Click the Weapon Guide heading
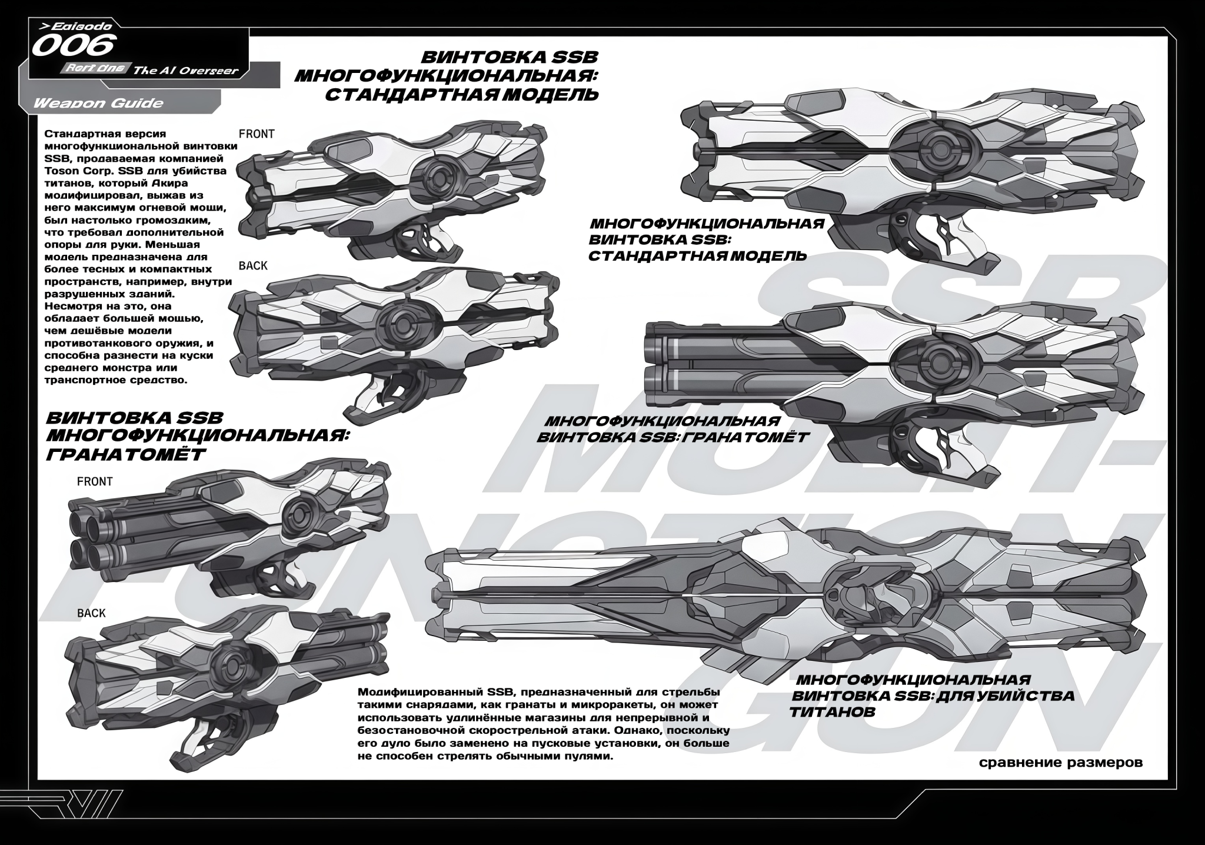[x=98, y=103]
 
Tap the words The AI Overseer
[x=185, y=71]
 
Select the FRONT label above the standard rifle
[x=257, y=134]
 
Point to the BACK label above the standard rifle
[x=253, y=266]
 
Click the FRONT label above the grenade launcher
[x=95, y=482]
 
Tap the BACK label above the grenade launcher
[x=91, y=613]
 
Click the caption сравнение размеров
[x=1061, y=763]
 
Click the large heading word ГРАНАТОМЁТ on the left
[x=126, y=454]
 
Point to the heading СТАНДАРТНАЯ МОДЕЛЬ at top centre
[x=461, y=94]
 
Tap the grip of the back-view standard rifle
[x=394, y=397]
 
